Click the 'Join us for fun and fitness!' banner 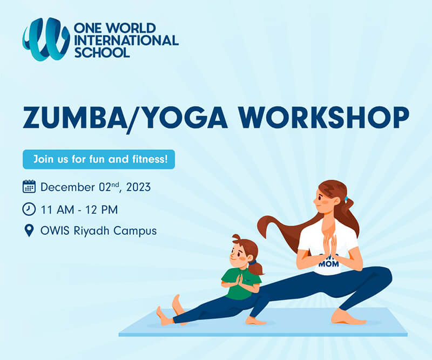tap(99, 159)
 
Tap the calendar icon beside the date tap(29, 187)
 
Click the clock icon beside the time tap(29, 209)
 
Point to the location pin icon tap(29, 231)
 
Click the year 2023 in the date tap(138, 188)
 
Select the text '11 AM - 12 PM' tap(79, 209)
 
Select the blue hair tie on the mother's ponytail tap(346, 200)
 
